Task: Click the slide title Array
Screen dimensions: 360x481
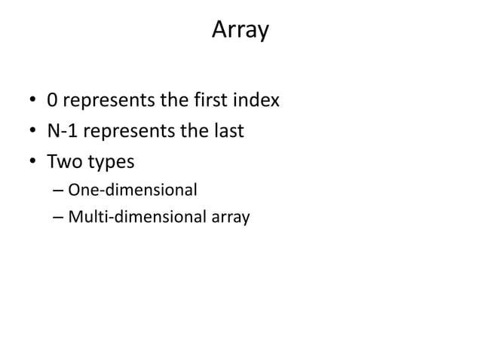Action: pos(240,30)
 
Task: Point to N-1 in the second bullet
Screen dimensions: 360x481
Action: pos(63,131)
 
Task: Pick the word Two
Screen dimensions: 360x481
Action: pos(63,161)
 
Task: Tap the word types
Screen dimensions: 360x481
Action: pos(109,162)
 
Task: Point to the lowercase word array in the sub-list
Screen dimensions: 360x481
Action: pos(230,218)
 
